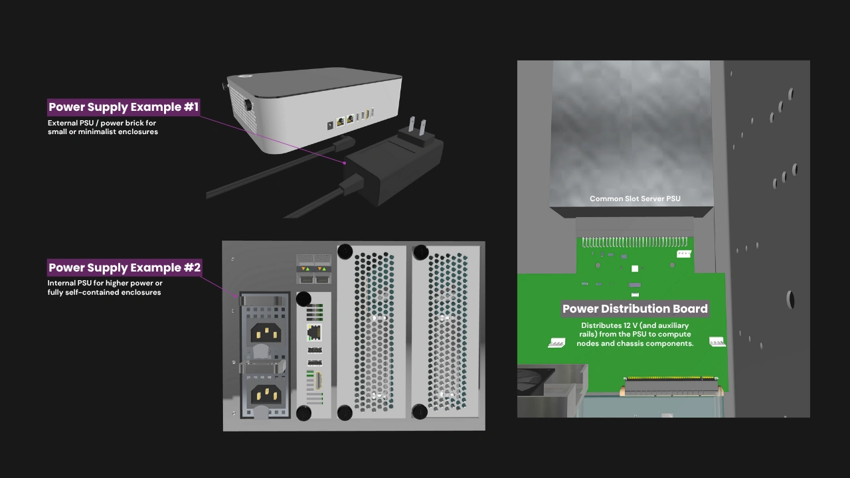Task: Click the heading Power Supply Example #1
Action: coord(124,107)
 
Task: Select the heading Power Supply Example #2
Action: coord(124,268)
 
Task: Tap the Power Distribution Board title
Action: coord(635,309)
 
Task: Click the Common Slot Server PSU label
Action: coord(635,199)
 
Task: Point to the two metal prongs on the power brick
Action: coord(415,126)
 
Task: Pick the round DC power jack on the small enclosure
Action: coord(329,124)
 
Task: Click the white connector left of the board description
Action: coord(556,343)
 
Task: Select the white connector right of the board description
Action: coord(717,341)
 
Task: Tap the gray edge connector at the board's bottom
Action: coord(671,384)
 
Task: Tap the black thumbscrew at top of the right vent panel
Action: coord(420,252)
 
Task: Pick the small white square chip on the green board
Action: coord(635,269)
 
